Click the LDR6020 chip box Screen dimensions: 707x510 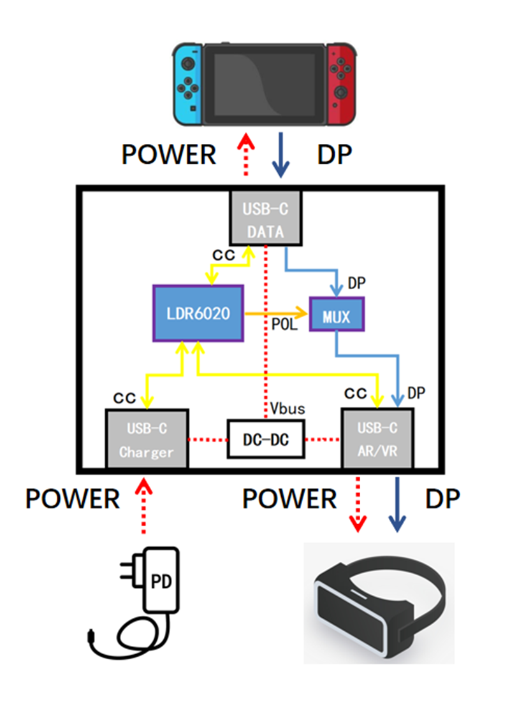(200, 313)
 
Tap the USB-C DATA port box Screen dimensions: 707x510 (265, 216)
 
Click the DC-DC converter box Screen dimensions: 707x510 (266, 439)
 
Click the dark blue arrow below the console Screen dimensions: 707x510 (280, 156)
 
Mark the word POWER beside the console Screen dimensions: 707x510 (169, 155)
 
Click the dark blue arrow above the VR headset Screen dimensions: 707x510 (398, 503)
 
